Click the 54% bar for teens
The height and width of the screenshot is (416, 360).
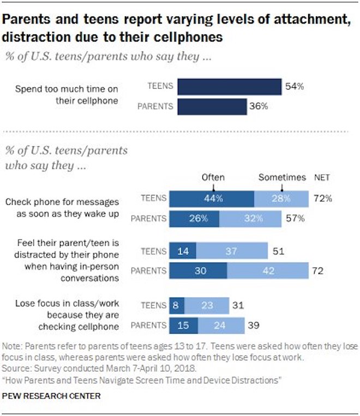coord(228,86)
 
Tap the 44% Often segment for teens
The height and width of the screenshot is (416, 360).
coord(212,198)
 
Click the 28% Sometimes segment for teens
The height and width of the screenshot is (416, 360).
coord(280,198)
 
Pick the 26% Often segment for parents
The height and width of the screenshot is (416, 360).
coord(194,219)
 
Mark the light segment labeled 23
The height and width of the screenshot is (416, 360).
coord(207,305)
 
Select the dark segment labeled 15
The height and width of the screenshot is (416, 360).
coord(184,325)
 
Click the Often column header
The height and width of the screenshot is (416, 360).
coord(213,177)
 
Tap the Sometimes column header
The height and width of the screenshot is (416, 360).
coord(281,177)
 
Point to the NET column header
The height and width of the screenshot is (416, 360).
coord(322,177)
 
